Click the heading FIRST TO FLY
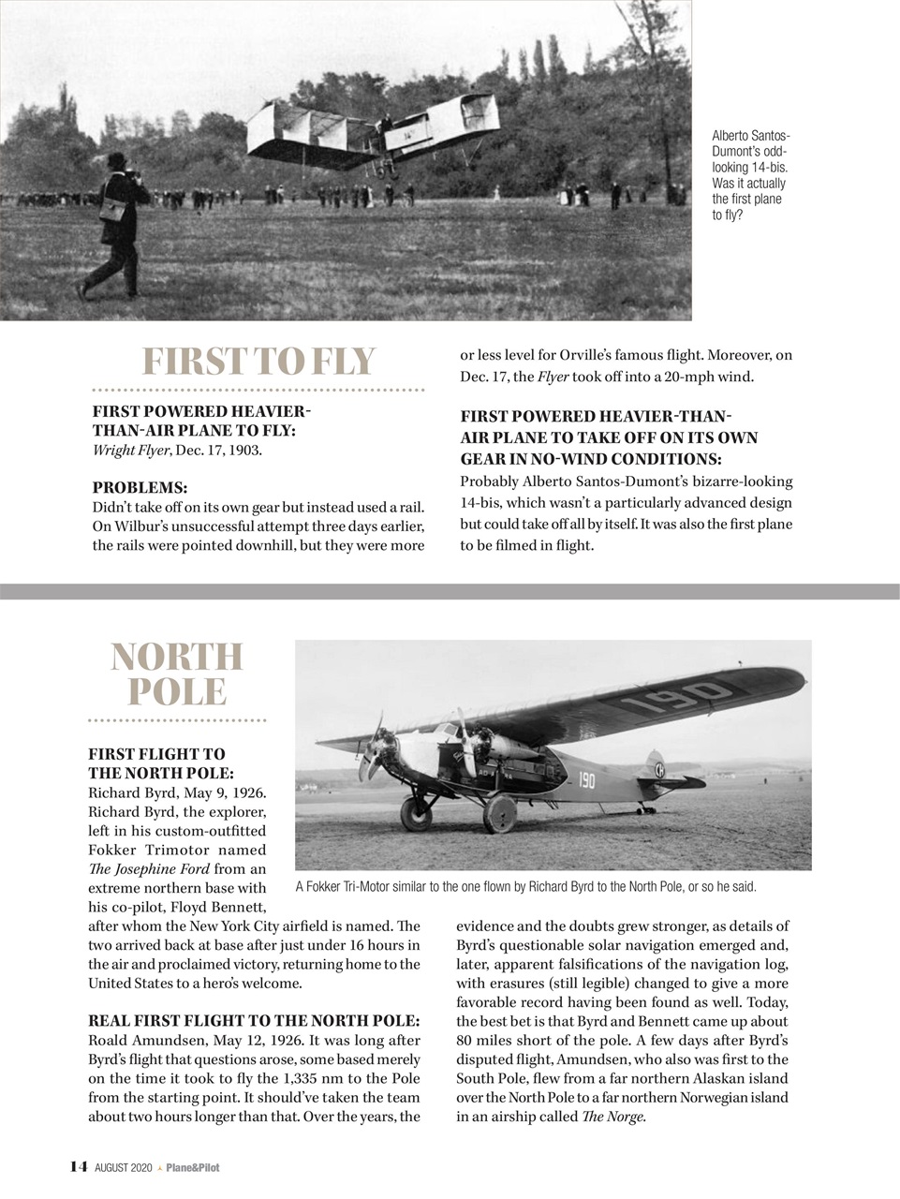coord(258,362)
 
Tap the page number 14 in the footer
coord(79,1167)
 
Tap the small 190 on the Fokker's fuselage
coord(586,779)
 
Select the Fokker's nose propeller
coord(376,747)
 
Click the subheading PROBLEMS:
coord(140,488)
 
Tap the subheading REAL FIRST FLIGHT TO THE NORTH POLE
coord(254,1020)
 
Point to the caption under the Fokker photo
coord(525,886)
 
